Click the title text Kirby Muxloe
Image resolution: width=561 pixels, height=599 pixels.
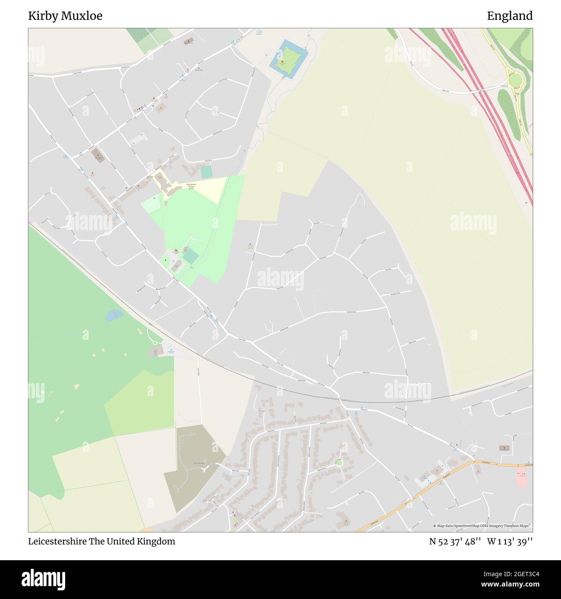click(65, 16)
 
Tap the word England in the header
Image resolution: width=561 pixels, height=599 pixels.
click(510, 16)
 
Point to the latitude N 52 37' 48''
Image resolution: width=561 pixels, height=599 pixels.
click(455, 541)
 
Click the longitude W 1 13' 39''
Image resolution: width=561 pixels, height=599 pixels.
click(510, 541)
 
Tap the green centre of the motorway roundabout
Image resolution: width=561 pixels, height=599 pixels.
click(515, 80)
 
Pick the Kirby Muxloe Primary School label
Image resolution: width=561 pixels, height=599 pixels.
click(191, 186)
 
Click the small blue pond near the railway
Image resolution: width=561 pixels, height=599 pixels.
click(115, 315)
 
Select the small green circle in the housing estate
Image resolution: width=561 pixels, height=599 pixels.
click(339, 463)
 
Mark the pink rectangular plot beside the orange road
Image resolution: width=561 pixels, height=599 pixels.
click(522, 477)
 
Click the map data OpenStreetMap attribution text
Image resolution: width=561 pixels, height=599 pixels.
click(482, 526)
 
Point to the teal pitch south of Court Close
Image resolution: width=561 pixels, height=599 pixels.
click(207, 172)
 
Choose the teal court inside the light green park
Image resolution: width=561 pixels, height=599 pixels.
click(190, 257)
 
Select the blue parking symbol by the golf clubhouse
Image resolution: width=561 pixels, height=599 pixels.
click(171, 349)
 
